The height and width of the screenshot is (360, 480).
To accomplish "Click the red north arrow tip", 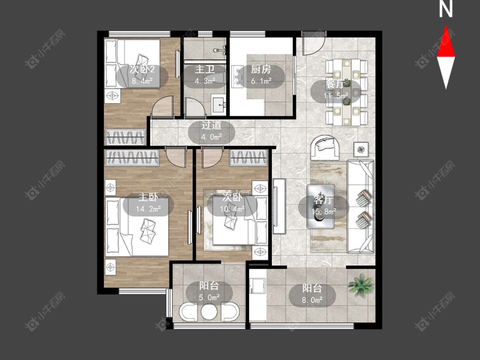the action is coord(446,26).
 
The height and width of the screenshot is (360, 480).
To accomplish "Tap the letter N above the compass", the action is coord(446,9).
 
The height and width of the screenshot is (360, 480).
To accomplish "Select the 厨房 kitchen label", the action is coord(261,70).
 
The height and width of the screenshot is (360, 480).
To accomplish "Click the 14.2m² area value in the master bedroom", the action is coord(148,209).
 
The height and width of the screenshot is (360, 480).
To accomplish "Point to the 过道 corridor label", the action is coord(211,125).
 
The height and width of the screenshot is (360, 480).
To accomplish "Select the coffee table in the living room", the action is coord(320,206).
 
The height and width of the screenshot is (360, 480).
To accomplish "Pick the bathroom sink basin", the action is coord(219,104).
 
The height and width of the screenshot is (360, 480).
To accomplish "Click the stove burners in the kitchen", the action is coord(237,76).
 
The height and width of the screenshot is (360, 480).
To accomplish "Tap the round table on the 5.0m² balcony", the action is coord(209,312).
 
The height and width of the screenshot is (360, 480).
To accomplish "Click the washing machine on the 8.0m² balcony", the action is coord(257,285).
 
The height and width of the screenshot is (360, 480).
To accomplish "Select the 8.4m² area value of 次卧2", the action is coord(142,81).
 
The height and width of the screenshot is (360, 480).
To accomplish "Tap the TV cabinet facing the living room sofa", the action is coord(279,206).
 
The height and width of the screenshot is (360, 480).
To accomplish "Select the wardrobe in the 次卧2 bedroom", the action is coord(125,137).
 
